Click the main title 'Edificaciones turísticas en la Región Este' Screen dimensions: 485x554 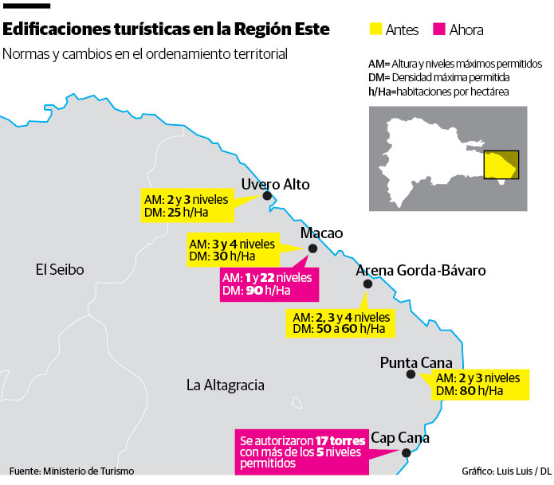point(165,30)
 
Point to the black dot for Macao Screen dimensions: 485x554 point(312,248)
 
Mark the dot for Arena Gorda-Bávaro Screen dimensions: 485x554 point(367,284)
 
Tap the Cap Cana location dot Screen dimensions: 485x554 point(407,453)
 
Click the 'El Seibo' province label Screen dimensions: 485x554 point(60,270)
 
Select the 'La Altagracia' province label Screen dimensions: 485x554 point(225,385)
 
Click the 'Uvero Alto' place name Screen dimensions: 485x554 point(275,185)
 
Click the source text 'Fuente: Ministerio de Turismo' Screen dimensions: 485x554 point(72,471)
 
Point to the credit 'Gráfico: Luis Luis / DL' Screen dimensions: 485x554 point(505,471)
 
